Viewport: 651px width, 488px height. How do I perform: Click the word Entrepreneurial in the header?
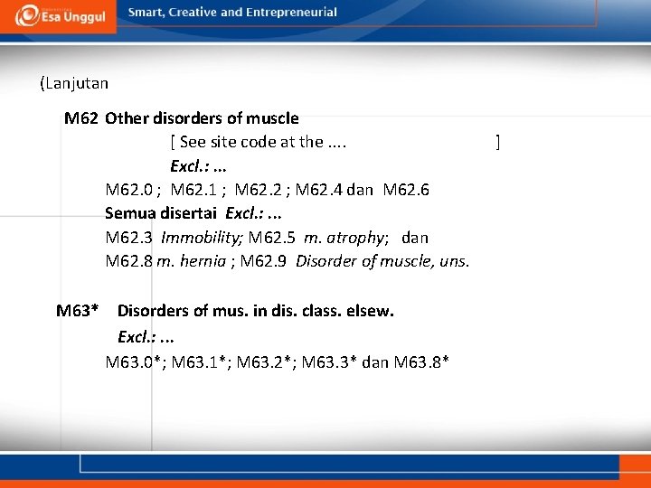(289, 13)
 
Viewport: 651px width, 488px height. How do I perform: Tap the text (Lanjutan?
(74, 83)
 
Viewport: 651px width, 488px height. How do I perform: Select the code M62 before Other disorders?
(81, 118)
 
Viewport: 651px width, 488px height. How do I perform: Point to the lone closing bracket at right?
(497, 142)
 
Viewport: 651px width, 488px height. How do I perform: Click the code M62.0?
(132, 190)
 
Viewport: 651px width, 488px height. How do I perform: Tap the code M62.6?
(406, 190)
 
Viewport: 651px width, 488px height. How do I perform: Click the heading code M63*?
(78, 311)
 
